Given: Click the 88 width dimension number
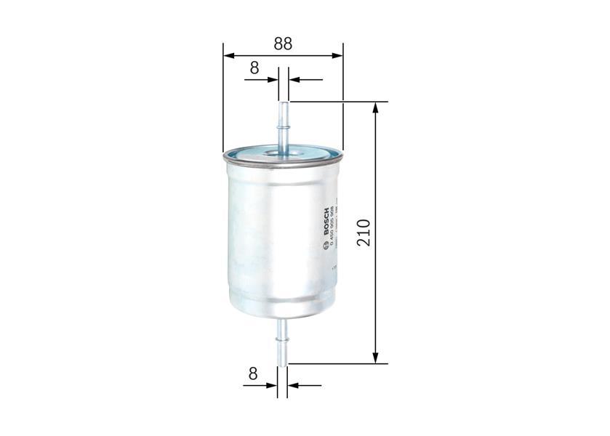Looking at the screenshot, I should tap(283, 43).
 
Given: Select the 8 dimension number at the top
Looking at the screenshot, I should tap(254, 68).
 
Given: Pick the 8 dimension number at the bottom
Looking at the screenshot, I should tap(253, 374).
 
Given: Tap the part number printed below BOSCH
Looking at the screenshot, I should tap(332, 226).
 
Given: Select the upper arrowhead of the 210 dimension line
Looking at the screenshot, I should tap(376, 107).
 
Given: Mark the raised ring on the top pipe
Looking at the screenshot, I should tap(283, 127).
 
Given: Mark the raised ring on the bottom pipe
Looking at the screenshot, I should tap(283, 336).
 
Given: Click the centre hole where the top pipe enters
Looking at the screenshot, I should tap(282, 153).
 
